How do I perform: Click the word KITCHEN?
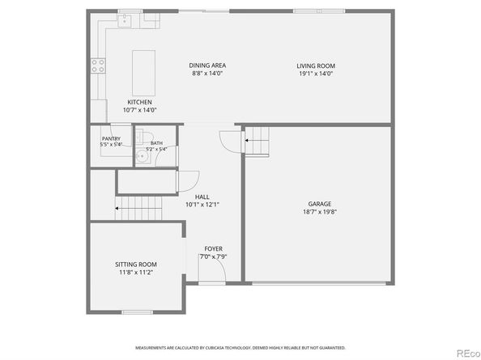139,102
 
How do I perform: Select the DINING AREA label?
207,66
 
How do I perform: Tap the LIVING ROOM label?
316,66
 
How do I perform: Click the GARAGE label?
319,203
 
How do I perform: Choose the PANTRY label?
111,138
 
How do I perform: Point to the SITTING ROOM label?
136,265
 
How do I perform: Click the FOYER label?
213,249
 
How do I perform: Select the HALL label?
202,197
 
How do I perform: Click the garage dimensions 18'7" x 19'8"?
319,212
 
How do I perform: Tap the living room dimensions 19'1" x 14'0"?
316,74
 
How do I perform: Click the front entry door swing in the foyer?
207,267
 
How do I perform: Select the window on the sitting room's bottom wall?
136,312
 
